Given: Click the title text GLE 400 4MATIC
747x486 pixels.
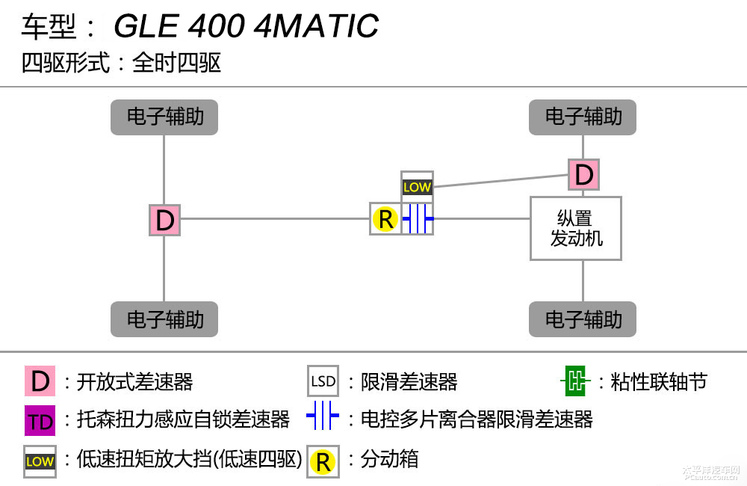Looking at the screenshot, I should pyautogui.click(x=246, y=27).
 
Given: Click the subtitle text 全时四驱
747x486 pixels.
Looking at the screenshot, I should pyautogui.click(x=177, y=63).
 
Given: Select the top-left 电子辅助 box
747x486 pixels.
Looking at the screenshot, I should pyautogui.click(x=164, y=117).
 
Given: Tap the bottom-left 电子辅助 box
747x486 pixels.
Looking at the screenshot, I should pyautogui.click(x=164, y=319).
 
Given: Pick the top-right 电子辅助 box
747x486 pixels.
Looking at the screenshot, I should pyautogui.click(x=583, y=117).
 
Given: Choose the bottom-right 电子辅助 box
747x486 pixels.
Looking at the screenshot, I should pyautogui.click(x=583, y=319).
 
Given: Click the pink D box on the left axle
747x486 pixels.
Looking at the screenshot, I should pyautogui.click(x=164, y=220).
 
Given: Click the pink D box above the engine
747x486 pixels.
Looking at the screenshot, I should pyautogui.click(x=583, y=175).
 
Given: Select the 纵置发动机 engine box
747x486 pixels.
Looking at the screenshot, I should pyautogui.click(x=576, y=228).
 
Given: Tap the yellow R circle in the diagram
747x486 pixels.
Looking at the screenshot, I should pyautogui.click(x=385, y=219).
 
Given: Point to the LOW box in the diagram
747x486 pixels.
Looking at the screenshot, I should pyautogui.click(x=417, y=186).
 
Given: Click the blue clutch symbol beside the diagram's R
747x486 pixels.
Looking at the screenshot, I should pyautogui.click(x=418, y=219).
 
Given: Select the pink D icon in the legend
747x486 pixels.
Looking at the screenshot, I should pyautogui.click(x=40, y=381).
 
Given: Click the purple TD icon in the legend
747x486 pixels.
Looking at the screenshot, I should pyautogui.click(x=40, y=421).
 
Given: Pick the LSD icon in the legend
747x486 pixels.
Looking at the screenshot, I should pyautogui.click(x=323, y=381).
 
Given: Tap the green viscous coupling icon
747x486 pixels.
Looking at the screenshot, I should pyautogui.click(x=574, y=381).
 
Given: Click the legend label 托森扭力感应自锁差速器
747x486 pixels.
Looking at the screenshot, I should pyautogui.click(x=183, y=419).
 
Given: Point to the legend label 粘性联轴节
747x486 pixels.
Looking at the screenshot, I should pyautogui.click(x=658, y=382).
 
